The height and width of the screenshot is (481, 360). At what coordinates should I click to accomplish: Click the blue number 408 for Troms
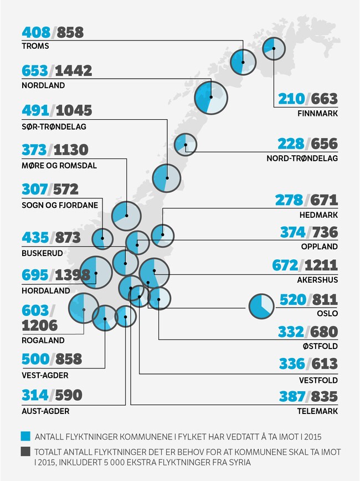[x=35, y=32]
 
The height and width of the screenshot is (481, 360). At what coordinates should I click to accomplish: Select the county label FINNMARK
[x=317, y=114]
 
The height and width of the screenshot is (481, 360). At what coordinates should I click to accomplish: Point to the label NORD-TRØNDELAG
[x=302, y=158]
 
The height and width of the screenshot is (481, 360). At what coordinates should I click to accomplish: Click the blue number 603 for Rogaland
[x=35, y=311]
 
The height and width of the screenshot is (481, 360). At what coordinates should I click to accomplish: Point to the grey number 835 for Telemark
[x=324, y=397]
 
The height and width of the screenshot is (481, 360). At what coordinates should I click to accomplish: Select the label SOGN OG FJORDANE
[x=60, y=204]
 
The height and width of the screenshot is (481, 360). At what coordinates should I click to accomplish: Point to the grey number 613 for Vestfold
[x=324, y=364]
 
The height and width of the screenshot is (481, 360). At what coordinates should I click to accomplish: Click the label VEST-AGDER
[x=45, y=375]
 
